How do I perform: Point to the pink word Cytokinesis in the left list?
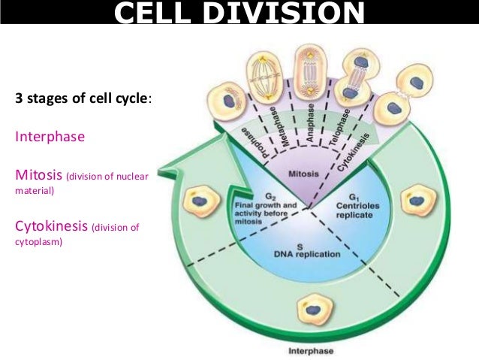[50, 226]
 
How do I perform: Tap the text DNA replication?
[306, 254]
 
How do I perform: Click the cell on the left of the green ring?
[200, 201]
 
